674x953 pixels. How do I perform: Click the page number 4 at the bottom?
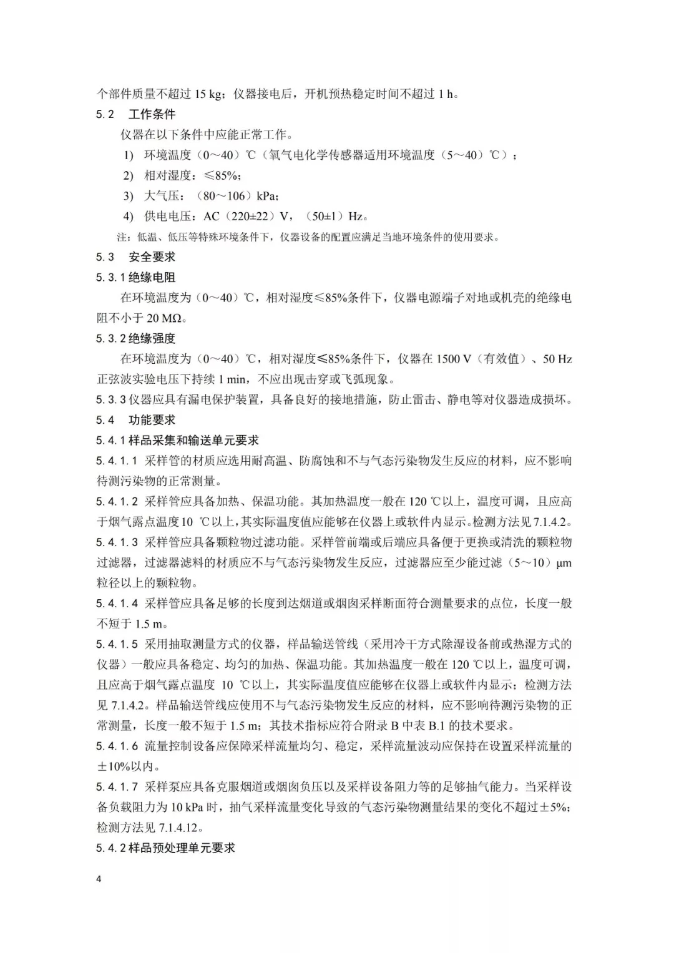point(99,879)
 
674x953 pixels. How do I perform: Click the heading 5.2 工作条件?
point(135,114)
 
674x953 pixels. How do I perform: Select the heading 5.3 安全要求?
point(135,257)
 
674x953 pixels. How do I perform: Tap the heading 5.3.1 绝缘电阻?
point(135,277)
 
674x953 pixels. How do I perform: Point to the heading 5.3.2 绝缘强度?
point(135,338)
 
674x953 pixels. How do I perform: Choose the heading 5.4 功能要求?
point(135,420)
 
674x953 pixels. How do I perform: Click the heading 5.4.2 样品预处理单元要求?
point(165,848)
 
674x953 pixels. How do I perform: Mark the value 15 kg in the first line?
point(208,94)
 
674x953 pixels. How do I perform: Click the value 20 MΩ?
point(165,318)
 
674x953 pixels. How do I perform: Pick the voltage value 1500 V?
point(454,359)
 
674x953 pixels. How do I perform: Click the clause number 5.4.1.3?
point(117,542)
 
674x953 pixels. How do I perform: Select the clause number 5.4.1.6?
point(117,746)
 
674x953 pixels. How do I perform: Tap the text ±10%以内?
point(129,766)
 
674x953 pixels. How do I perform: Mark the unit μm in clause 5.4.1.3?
point(564,563)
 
